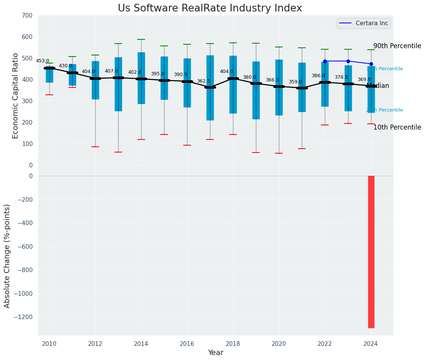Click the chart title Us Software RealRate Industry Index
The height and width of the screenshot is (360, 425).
click(210, 8)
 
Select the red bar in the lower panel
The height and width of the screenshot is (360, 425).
click(371, 251)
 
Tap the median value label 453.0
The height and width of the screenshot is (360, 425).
click(42, 61)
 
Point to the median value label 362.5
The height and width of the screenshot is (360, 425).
click(204, 81)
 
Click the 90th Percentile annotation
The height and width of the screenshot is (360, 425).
click(397, 46)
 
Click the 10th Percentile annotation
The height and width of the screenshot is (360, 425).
click(397, 127)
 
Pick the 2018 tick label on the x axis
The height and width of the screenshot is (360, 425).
click(233, 344)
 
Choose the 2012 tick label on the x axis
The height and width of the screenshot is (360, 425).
click(95, 344)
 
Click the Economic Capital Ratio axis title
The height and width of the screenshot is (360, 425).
click(16, 91)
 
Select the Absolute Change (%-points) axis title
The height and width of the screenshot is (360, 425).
click(7, 256)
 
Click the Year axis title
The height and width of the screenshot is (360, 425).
click(215, 353)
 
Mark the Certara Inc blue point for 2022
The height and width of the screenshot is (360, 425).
click(325, 61)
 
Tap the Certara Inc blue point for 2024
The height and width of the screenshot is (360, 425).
click(371, 64)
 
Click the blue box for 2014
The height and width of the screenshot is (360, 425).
click(141, 78)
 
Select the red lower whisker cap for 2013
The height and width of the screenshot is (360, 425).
click(118, 152)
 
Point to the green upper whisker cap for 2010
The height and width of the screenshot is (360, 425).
click(49, 63)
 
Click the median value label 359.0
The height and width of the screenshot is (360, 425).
click(295, 82)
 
